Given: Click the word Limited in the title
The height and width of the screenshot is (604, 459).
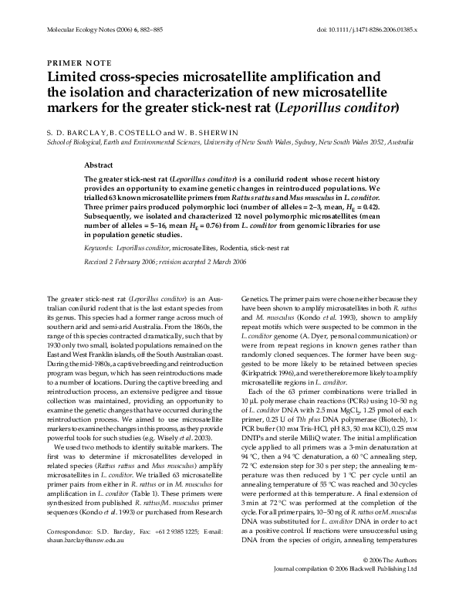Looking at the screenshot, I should [73, 78].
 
